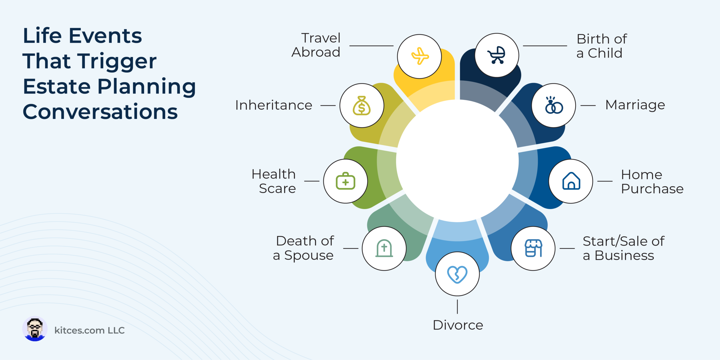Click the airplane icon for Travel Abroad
pos(420,56)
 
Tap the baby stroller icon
pos(497,55)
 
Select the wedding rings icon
pos(554,105)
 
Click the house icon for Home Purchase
pos(571,181)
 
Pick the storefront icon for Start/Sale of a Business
pos(533,248)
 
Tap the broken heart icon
pos(457,274)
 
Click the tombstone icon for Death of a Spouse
pos(384,248)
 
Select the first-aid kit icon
pos(345,181)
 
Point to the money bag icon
pos(362,106)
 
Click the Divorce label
pos(458,325)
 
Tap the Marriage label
pos(635,105)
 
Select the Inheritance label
pos(274,105)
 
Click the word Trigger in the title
pos(118,62)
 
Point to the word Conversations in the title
pos(100,112)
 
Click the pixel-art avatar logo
pos(35,329)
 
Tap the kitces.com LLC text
pos(89,330)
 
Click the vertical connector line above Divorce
pos(457,307)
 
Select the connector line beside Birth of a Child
pos(545,46)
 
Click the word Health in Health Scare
pos(274,174)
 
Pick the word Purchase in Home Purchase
pos(652,189)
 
